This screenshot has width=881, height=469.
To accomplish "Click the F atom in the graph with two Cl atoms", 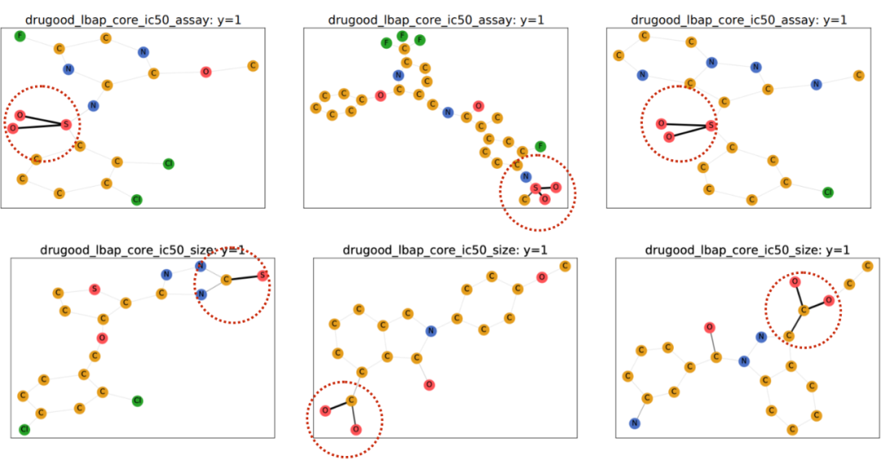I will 20,36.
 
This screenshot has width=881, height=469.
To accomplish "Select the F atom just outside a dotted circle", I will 540,146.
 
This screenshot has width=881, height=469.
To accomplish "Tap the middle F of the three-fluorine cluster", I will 402,36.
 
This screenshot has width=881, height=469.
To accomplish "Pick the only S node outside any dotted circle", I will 95,289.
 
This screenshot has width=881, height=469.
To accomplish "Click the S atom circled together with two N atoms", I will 262,276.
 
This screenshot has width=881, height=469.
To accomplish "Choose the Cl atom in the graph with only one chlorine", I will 827,192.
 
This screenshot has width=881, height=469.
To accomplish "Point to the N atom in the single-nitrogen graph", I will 431,330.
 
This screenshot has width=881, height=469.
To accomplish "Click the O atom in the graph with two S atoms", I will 101,337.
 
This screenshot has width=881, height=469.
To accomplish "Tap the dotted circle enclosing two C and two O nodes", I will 803,309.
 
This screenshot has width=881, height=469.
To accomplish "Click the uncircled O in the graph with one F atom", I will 205,72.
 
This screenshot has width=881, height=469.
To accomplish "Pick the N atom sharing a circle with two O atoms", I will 525,176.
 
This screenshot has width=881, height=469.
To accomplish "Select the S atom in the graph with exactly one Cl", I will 711,125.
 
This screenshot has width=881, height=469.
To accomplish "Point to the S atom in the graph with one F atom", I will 66,124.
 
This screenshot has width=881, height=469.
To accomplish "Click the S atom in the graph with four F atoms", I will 535,188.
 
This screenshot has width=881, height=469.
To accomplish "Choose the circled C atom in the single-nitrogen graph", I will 352,400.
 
